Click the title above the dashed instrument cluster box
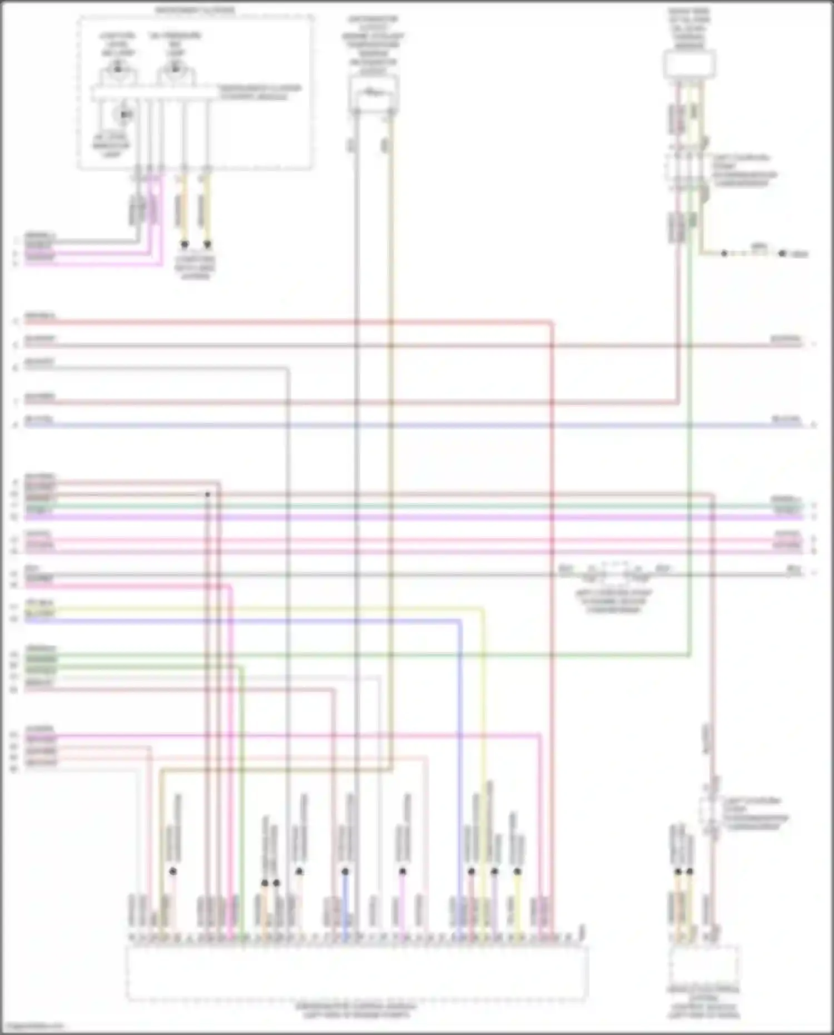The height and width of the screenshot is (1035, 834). pyautogui.click(x=195, y=10)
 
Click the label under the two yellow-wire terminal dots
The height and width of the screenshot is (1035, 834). pyautogui.click(x=195, y=268)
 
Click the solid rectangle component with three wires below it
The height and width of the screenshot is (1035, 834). pyautogui.click(x=689, y=64)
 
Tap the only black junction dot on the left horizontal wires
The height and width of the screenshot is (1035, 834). pyautogui.click(x=207, y=494)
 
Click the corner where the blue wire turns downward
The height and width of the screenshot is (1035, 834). pyautogui.click(x=460, y=621)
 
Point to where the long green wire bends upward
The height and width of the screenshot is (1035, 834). pyautogui.click(x=689, y=656)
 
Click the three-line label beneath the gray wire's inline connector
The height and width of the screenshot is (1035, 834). pyautogui.click(x=614, y=601)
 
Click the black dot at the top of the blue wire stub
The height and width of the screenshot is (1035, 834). pyautogui.click(x=345, y=871)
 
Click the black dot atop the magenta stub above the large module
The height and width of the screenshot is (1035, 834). pyautogui.click(x=403, y=871)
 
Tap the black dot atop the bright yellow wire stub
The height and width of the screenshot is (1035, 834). pyautogui.click(x=517, y=871)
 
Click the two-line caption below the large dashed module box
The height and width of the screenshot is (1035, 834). pyautogui.click(x=356, y=1011)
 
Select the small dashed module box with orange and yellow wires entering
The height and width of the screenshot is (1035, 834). pyautogui.click(x=704, y=965)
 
